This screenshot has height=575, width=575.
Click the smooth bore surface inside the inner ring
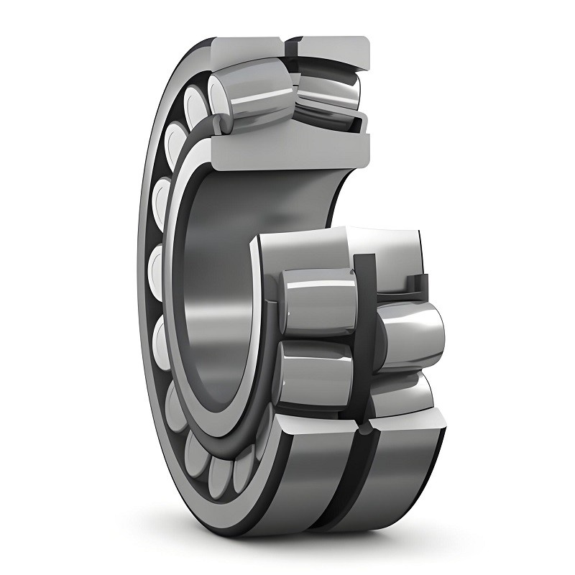(x=216, y=287)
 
